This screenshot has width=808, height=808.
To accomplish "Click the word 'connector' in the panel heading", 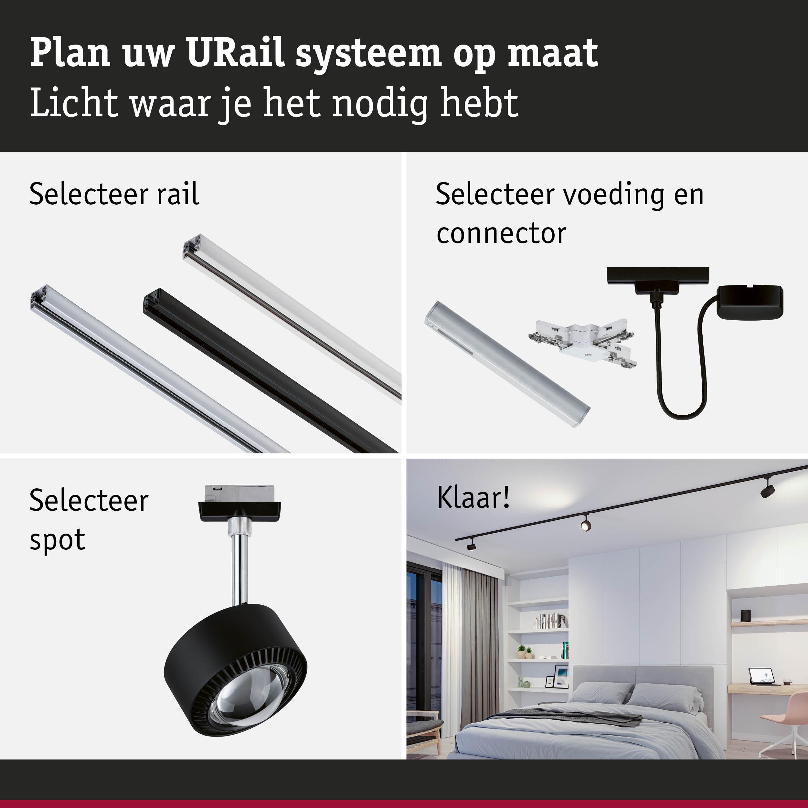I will point(501,233).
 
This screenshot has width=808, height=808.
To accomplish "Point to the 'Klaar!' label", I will point(473,498).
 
